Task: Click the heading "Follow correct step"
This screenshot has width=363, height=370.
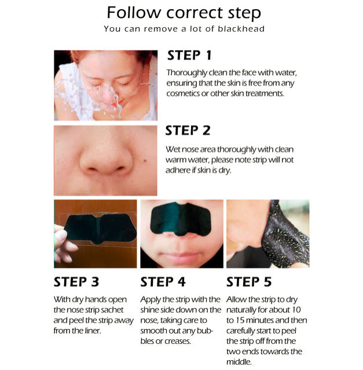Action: click(184, 13)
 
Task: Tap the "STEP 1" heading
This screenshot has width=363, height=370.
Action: click(189, 55)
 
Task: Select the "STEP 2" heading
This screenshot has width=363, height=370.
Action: click(188, 130)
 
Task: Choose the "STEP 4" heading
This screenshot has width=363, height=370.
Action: click(163, 282)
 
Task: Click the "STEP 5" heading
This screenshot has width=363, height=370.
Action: click(250, 282)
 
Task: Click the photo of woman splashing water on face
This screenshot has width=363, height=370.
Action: click(105, 85)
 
